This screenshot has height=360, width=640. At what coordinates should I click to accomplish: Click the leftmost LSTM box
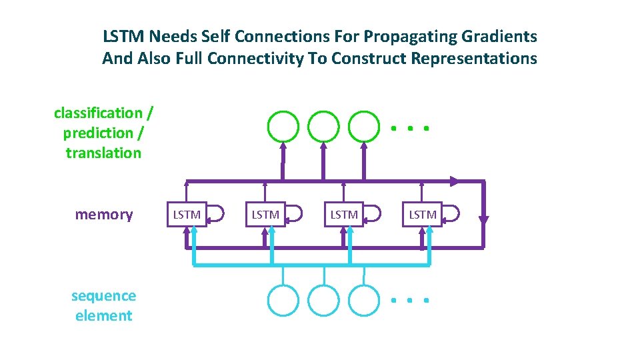[187, 214]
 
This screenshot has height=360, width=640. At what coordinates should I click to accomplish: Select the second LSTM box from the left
[265, 214]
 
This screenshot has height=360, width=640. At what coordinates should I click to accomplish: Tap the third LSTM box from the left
[344, 214]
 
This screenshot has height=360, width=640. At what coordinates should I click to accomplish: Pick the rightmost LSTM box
[423, 214]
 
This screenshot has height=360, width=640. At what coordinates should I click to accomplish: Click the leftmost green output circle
[283, 125]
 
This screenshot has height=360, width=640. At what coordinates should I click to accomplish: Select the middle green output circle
[323, 125]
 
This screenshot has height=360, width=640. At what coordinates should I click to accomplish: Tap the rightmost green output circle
[364, 125]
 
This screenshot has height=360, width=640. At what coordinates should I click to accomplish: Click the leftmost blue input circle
[283, 300]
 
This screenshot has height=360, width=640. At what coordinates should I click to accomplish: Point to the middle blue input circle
[323, 300]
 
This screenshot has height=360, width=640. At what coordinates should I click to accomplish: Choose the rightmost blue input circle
[364, 300]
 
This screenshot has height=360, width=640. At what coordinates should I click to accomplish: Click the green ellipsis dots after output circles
[409, 127]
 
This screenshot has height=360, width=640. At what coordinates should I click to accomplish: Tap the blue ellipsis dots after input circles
[409, 301]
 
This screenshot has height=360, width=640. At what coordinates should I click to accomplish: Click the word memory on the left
[104, 214]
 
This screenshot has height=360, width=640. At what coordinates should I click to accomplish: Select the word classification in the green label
[98, 113]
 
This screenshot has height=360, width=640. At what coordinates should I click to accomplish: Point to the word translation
[103, 153]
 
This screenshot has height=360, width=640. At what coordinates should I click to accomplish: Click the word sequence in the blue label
[103, 296]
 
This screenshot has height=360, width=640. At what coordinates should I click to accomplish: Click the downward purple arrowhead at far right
[484, 219]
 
